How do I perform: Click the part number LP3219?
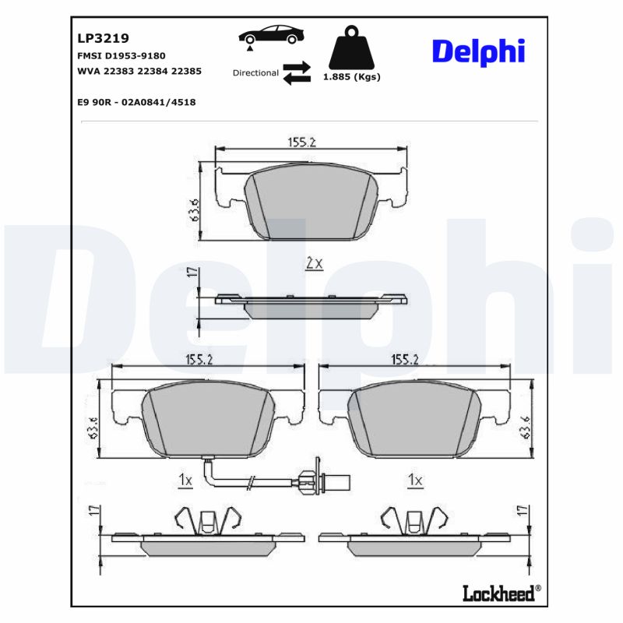click(x=103, y=37)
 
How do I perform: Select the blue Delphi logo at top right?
click(x=478, y=51)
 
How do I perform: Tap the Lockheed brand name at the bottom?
click(x=498, y=593)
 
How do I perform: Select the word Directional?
click(x=255, y=72)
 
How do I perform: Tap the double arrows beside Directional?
click(x=296, y=72)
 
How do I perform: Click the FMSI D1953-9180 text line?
click(x=121, y=56)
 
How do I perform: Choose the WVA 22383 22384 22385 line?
click(x=139, y=71)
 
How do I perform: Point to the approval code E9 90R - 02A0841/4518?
click(x=136, y=102)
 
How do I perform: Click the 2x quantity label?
click(x=313, y=264)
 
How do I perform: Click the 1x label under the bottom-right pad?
click(x=415, y=480)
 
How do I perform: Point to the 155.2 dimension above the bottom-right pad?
click(x=405, y=360)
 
